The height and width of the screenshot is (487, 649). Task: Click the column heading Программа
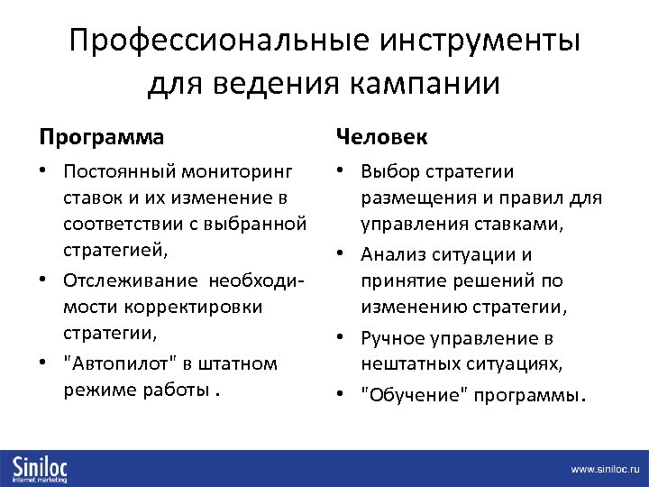point(101,137)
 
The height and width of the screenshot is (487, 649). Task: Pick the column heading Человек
point(381,137)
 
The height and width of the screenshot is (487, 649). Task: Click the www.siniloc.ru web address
point(604,470)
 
